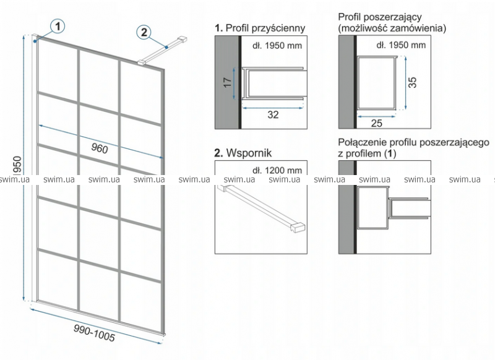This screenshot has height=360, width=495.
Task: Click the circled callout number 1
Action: point(58,27)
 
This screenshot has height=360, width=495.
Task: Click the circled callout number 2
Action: point(145,32)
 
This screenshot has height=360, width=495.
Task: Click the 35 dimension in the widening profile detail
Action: point(413,82)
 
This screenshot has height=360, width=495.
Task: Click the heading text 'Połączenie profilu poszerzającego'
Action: point(413,142)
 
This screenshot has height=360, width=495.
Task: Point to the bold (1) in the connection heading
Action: point(389,153)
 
